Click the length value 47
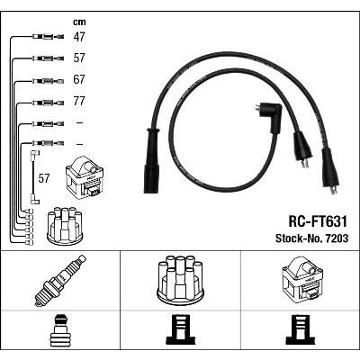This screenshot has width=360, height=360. click(x=79, y=37)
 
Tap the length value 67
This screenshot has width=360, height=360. click(x=79, y=80)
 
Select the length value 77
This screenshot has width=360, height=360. click(x=79, y=101)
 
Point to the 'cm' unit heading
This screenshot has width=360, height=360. click(x=79, y=22)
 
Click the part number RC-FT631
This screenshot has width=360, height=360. click(x=318, y=222)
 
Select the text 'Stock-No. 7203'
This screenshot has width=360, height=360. click(x=312, y=238)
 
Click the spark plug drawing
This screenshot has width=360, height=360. click(x=60, y=281)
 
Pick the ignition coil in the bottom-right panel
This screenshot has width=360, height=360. click(x=301, y=282)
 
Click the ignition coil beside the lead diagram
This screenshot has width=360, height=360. click(x=85, y=177)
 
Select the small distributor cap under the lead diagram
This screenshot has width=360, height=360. click(x=65, y=226)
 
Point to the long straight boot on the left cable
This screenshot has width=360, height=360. click(x=151, y=160)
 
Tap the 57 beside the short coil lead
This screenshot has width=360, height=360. click(x=44, y=179)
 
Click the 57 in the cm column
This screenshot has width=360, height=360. click(x=79, y=58)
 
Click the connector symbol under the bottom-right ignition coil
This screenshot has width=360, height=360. click(x=301, y=328)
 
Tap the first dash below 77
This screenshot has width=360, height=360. click(x=79, y=123)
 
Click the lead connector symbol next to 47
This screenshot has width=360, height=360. click(x=48, y=37)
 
